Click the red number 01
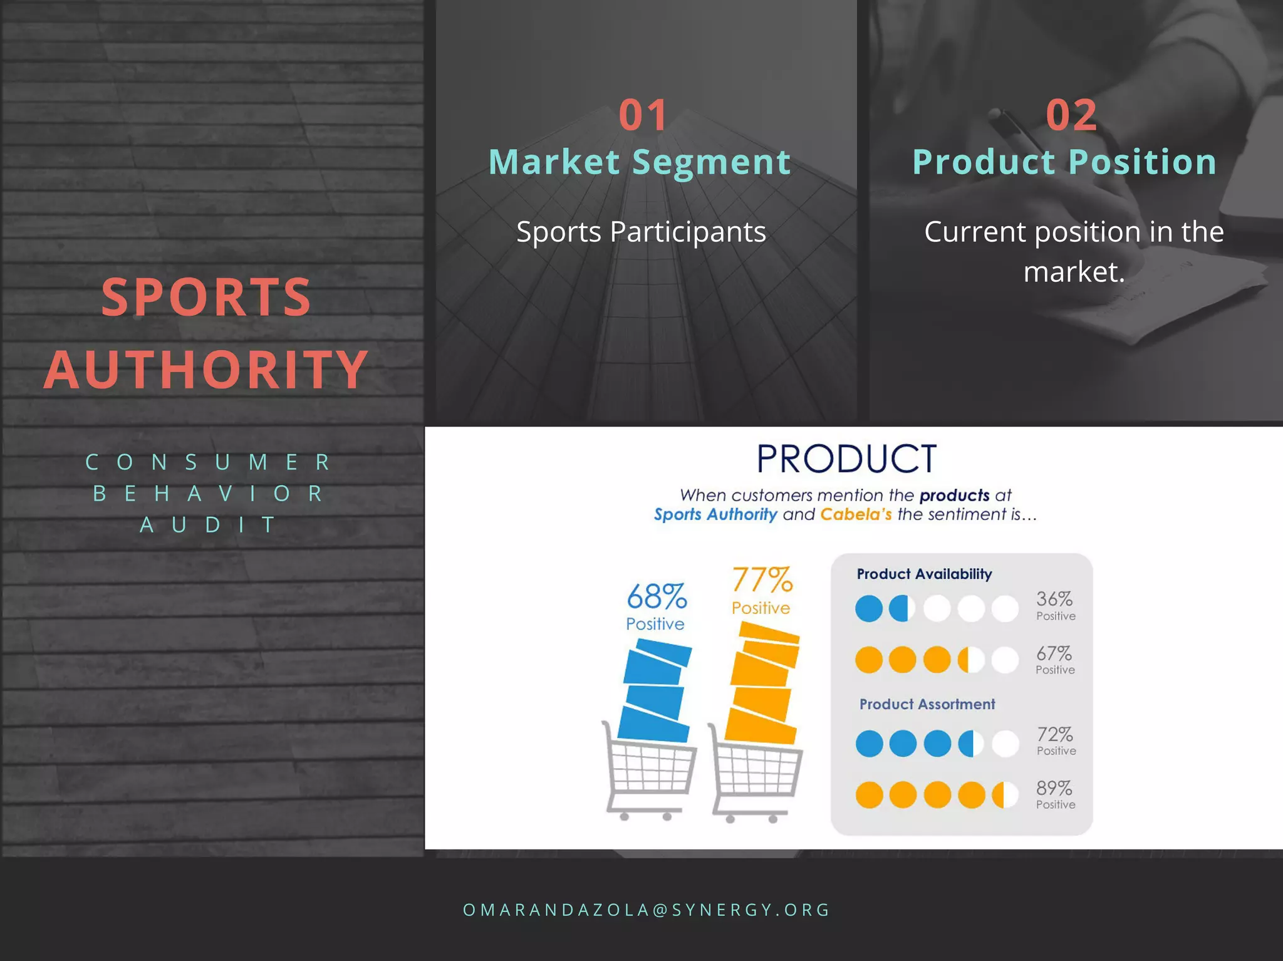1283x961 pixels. tap(643, 115)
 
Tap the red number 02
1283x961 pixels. tap(1071, 115)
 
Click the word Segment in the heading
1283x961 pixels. tap(711, 162)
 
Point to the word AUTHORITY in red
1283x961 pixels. tap(206, 370)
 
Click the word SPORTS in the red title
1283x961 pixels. tap(206, 297)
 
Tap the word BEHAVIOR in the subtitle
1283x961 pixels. tap(208, 494)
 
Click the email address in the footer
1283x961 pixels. tap(647, 910)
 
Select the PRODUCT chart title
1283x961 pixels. tap(846, 459)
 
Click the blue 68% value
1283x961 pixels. tap(657, 596)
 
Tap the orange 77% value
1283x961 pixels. tap(762, 580)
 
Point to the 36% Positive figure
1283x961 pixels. tap(1055, 605)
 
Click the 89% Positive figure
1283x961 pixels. tap(1055, 794)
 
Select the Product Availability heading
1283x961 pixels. tap(924, 574)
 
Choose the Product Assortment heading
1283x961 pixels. tap(927, 704)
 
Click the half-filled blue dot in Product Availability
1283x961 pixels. tap(902, 608)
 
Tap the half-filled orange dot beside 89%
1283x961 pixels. tap(1005, 795)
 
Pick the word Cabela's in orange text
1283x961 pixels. tap(856, 514)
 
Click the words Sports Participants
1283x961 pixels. tap(641, 232)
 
